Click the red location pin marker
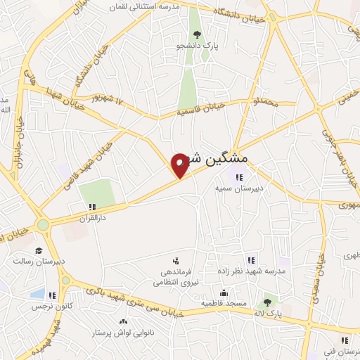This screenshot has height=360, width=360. point(180,165)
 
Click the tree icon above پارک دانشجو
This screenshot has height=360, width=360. point(198,34)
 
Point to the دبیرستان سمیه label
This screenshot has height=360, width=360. point(239,188)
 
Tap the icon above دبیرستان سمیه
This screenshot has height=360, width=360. point(239,177)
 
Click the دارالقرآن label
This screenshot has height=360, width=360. point(92,219)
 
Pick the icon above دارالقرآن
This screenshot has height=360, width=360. point(92,207)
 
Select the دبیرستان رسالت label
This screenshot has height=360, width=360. point(39,261)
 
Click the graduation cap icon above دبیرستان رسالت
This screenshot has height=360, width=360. point(39,250)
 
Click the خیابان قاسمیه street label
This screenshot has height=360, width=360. point(200,109)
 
